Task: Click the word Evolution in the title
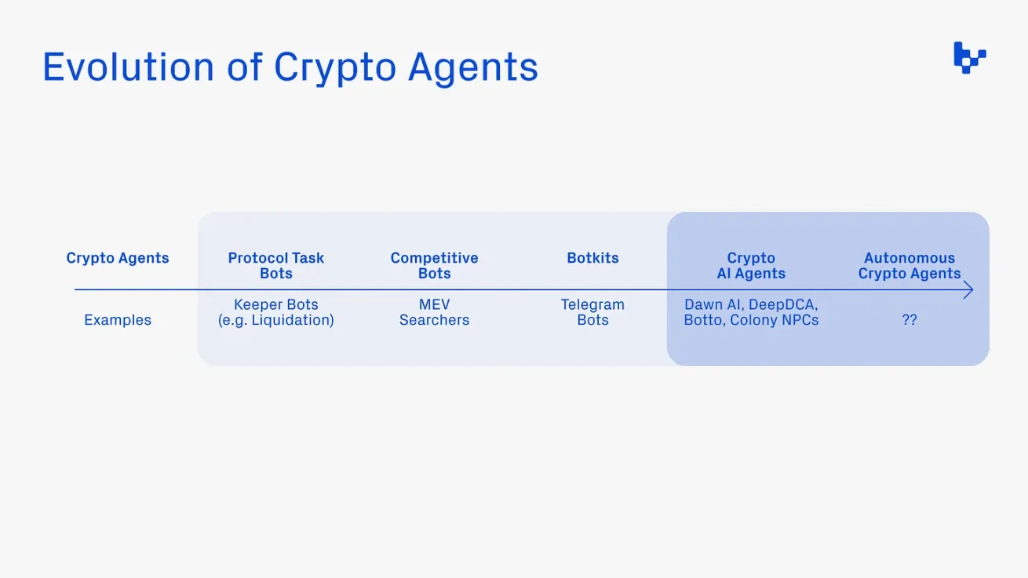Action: (128, 67)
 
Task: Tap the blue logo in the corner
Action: (969, 58)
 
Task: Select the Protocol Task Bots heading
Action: (275, 265)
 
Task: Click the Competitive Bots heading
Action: (434, 265)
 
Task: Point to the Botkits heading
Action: (592, 258)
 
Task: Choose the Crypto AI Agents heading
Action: (751, 265)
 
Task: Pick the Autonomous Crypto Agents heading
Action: (909, 265)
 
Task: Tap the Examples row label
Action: (118, 320)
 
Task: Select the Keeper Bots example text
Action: (275, 304)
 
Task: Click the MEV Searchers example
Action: (434, 312)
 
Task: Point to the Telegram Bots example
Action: (592, 312)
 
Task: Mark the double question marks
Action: (909, 320)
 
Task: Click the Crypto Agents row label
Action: (118, 258)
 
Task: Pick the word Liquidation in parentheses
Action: (290, 320)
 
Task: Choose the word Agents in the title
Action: (472, 68)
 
